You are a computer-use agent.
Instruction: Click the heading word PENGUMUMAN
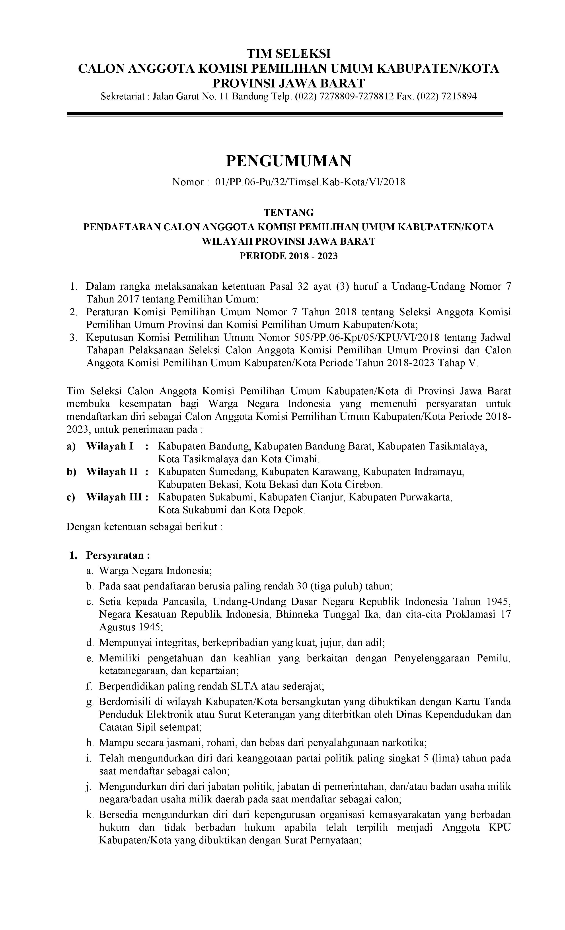pos(288,161)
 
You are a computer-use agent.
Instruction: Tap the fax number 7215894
pos(458,96)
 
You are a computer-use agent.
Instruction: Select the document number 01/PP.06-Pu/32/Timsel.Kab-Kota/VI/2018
pos(310,182)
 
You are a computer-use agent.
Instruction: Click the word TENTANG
pos(288,213)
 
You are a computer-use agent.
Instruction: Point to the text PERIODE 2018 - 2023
pos(288,256)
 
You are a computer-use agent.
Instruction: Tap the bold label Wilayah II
pos(112,472)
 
